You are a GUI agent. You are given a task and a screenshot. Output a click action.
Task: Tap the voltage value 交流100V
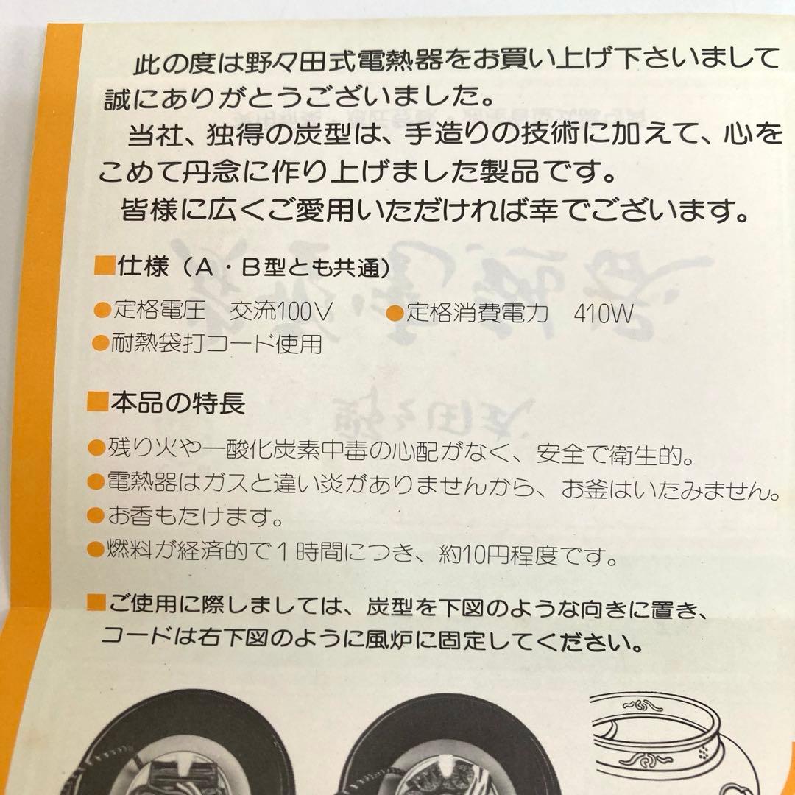point(280,312)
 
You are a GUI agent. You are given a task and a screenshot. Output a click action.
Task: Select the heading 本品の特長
point(177,403)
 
